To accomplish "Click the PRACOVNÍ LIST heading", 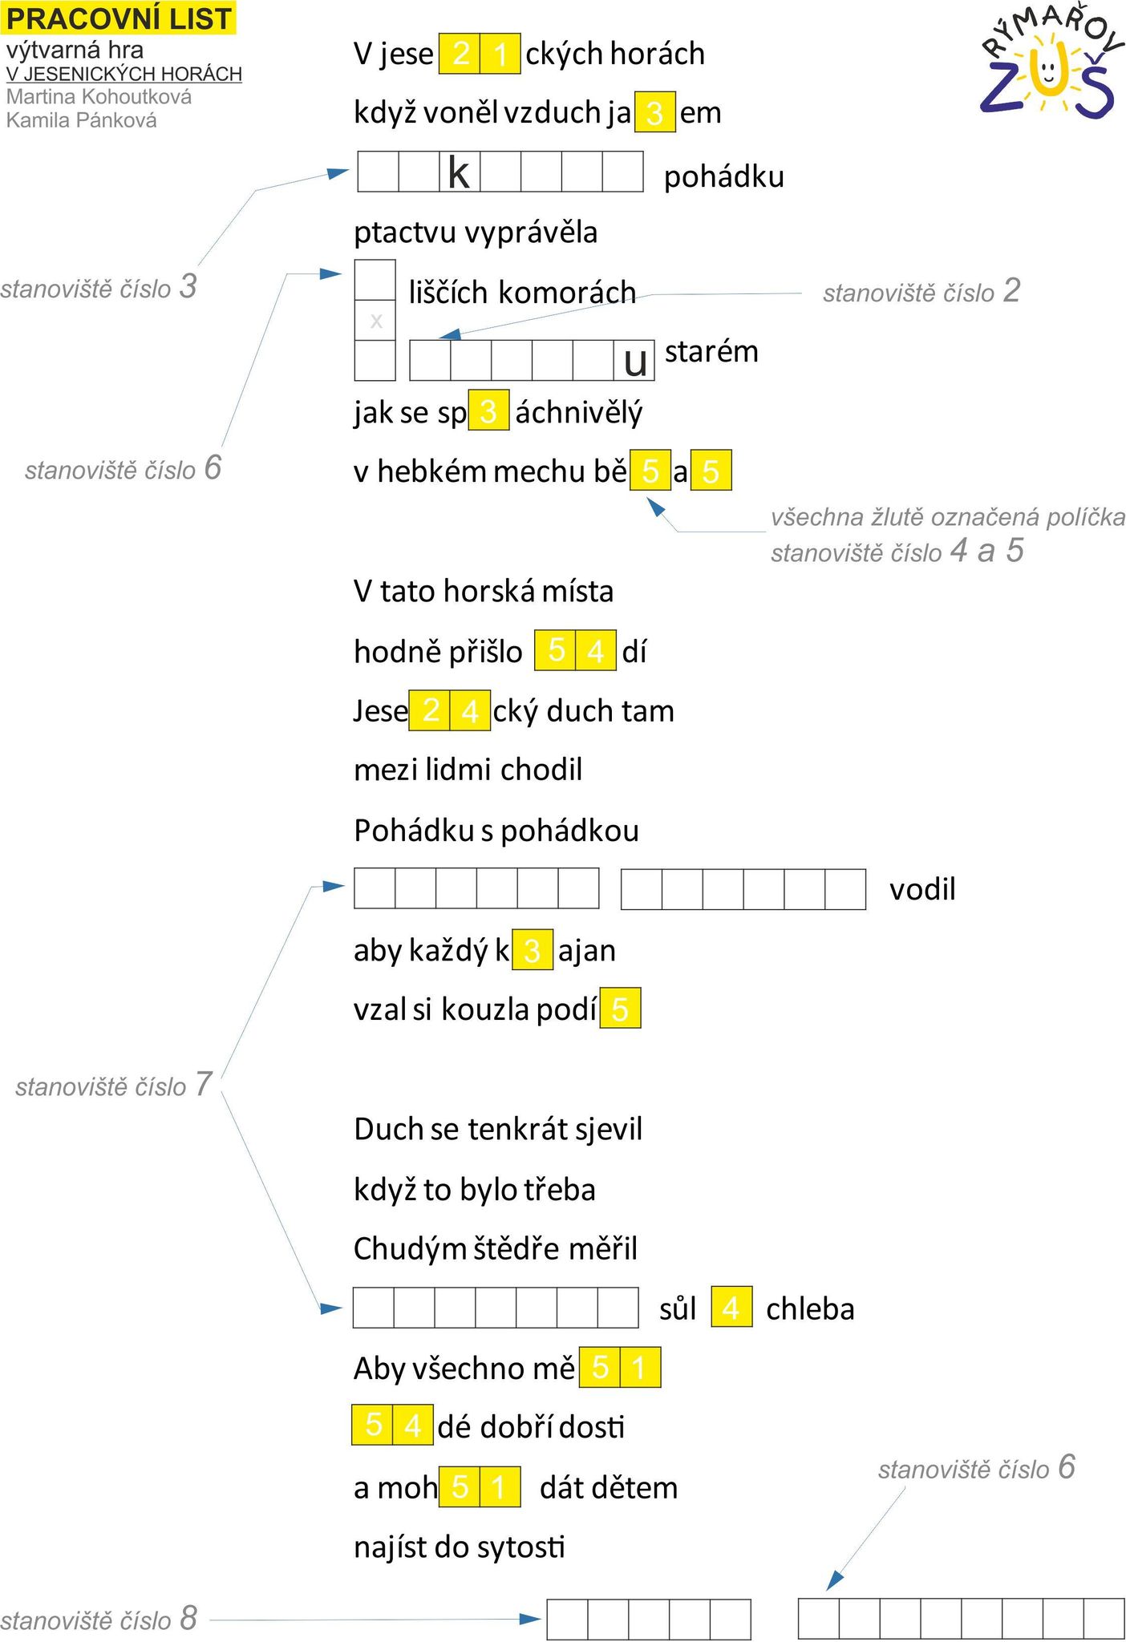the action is pos(119,18).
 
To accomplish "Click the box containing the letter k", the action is pos(460,172).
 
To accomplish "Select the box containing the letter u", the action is pos(634,360).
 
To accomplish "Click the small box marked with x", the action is pos(375,321).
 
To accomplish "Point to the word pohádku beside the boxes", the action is pos(724,176).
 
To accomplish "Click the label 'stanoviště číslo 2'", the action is pos(921,291).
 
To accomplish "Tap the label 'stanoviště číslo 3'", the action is pos(99,286).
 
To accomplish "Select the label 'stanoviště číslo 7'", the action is pos(114,1085).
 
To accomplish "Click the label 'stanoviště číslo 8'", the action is pos(99,1619).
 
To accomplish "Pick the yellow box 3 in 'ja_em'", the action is pos(654,112).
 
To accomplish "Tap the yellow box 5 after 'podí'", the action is pos(620,1008).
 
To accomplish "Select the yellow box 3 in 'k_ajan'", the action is pos(532,949).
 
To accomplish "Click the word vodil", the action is pos(922,889).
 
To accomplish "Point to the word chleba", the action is pos(810,1308).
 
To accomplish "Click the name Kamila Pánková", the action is pos(82,120).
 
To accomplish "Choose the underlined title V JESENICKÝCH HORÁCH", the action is pos(124,74).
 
